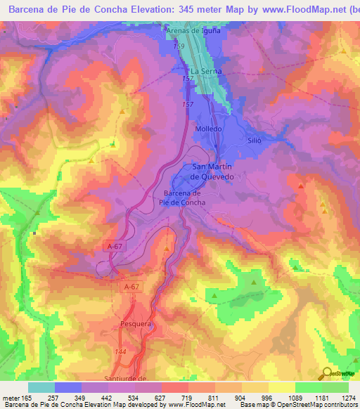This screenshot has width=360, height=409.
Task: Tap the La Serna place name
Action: click(205, 72)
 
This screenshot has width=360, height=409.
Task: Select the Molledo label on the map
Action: click(208, 129)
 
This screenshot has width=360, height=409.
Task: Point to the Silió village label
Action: click(254, 141)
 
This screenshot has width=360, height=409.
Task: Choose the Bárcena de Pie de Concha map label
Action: click(182, 197)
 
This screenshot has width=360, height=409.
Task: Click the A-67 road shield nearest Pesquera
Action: click(131, 287)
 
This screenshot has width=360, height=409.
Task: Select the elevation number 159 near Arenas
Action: click(179, 46)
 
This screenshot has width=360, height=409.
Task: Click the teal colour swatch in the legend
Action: click(41, 387)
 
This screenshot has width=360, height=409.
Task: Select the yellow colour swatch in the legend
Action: click(255, 387)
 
